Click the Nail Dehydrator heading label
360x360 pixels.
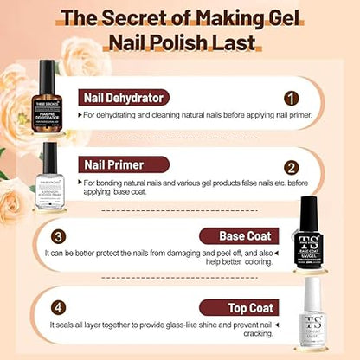(x=125, y=98)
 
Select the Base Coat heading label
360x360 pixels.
(x=237, y=235)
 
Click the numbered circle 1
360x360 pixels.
(x=291, y=99)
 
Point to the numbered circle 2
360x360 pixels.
(x=291, y=167)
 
